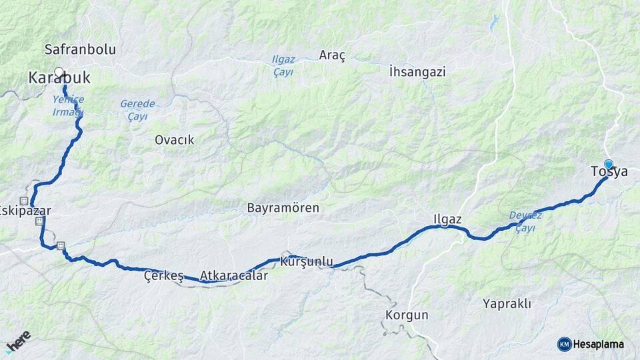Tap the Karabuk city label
click(x=59, y=78)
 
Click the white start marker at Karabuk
click(x=59, y=71)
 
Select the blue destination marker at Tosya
click(x=608, y=164)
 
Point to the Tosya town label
click(x=609, y=172)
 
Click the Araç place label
click(x=332, y=55)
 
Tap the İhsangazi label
click(x=417, y=71)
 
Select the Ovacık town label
click(x=174, y=139)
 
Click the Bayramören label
click(x=283, y=208)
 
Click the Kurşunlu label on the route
click(x=307, y=261)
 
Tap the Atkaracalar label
click(x=234, y=275)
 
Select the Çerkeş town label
click(x=164, y=277)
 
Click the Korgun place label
click(x=407, y=315)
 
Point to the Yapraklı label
click(x=507, y=304)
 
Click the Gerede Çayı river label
click(x=138, y=110)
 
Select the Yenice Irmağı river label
click(x=68, y=105)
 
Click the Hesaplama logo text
click(x=598, y=344)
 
